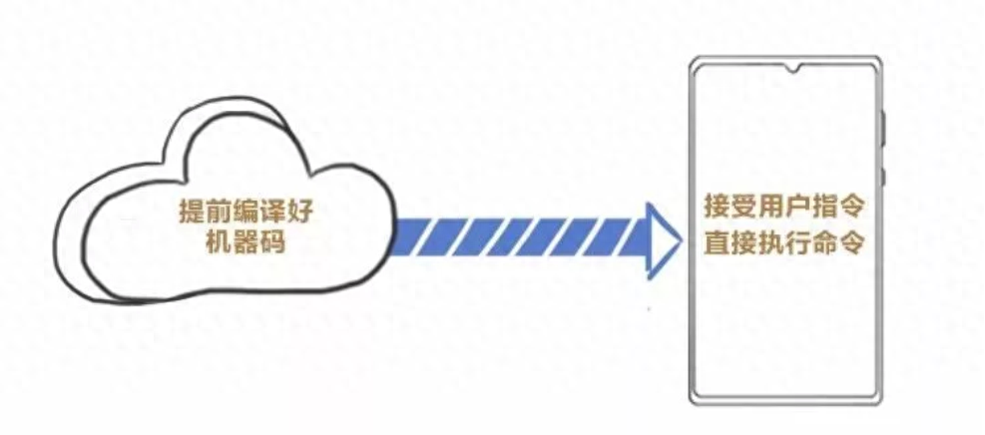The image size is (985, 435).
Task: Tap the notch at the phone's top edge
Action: click(795, 71)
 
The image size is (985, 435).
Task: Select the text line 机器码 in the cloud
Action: click(232, 241)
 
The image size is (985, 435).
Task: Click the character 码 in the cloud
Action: click(257, 241)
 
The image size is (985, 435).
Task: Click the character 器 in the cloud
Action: click(232, 241)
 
